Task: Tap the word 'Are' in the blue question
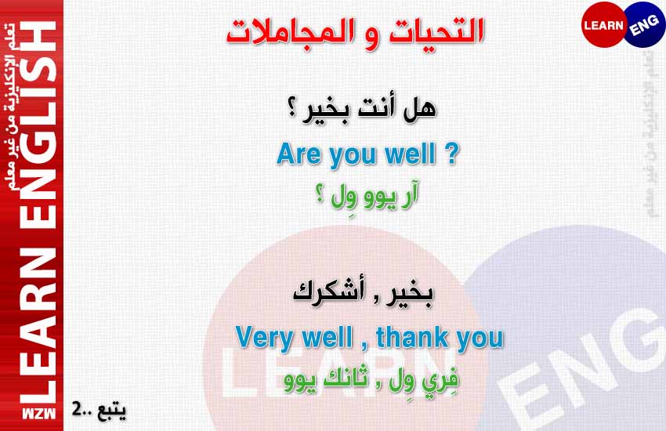coord(299,154)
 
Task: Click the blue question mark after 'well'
coord(452,154)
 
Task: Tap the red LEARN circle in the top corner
coord(603,24)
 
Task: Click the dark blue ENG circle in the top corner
coord(645,24)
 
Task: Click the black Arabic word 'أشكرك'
coord(328,292)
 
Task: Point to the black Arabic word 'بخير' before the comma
coord(408,294)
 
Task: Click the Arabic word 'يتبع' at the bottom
coord(112,411)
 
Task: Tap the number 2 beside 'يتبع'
coord(77,408)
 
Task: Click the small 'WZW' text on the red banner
coord(38,414)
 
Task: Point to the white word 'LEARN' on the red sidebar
coord(38,325)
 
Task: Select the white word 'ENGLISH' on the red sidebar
coord(38,125)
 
